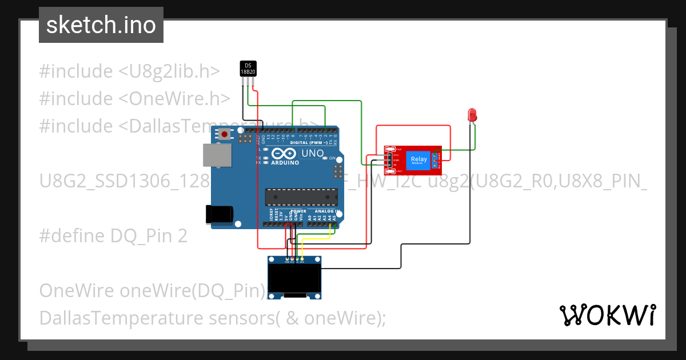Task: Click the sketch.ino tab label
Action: [x=101, y=25]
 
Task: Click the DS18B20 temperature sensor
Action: [x=248, y=69]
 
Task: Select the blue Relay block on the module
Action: [x=418, y=160]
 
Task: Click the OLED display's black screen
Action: [x=295, y=279]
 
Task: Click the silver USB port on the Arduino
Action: [x=217, y=155]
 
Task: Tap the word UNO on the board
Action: [x=313, y=154]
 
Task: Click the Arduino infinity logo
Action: [x=285, y=154]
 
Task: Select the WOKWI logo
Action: [x=607, y=315]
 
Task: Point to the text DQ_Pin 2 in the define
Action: [x=149, y=236]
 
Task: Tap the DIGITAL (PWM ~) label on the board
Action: [x=309, y=142]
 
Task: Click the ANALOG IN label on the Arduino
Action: [x=328, y=211]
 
